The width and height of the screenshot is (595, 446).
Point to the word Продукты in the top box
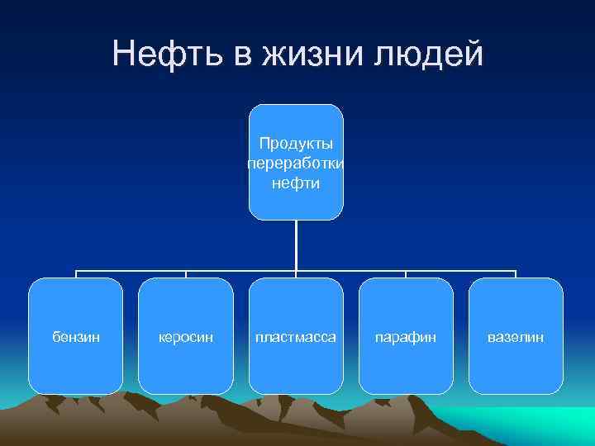[x=296, y=144]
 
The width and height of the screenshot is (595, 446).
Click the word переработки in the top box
[x=296, y=164]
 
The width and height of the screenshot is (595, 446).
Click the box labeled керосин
[x=186, y=363]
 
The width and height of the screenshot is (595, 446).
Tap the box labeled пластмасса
[x=296, y=363]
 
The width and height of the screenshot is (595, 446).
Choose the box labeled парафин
[x=406, y=363]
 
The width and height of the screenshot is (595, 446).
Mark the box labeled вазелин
[x=516, y=363]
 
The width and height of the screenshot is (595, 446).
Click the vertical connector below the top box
[x=296, y=245]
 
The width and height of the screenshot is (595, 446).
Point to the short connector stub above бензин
[x=76, y=274]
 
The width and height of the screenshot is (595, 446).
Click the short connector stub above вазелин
[x=516, y=274]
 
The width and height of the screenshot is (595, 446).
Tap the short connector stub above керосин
[x=186, y=274]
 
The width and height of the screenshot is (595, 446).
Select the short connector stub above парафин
[x=406, y=274]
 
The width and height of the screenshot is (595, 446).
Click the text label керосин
[x=186, y=338]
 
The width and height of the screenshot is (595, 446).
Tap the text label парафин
[x=406, y=338]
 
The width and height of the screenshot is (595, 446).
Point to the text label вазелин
[x=516, y=338]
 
